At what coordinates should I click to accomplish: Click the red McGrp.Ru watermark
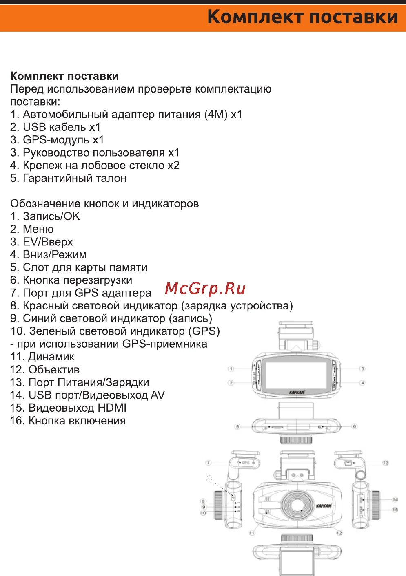point(205,288)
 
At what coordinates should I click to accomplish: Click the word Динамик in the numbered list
point(51,357)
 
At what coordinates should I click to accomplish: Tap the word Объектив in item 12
point(54,370)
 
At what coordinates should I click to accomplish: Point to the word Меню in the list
point(38,229)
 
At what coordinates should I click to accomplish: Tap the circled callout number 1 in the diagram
point(231,369)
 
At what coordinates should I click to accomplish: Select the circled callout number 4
point(362,383)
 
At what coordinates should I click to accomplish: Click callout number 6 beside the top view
point(354,426)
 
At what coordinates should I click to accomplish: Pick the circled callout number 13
point(385,463)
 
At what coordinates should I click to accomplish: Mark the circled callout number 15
point(395,510)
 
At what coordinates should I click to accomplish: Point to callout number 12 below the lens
point(339,533)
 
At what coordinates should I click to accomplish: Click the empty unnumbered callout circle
point(209,478)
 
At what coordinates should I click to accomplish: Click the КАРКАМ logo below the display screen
point(297,393)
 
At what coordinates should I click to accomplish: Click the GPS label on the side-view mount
point(246,463)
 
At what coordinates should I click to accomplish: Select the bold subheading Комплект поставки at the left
point(64,76)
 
